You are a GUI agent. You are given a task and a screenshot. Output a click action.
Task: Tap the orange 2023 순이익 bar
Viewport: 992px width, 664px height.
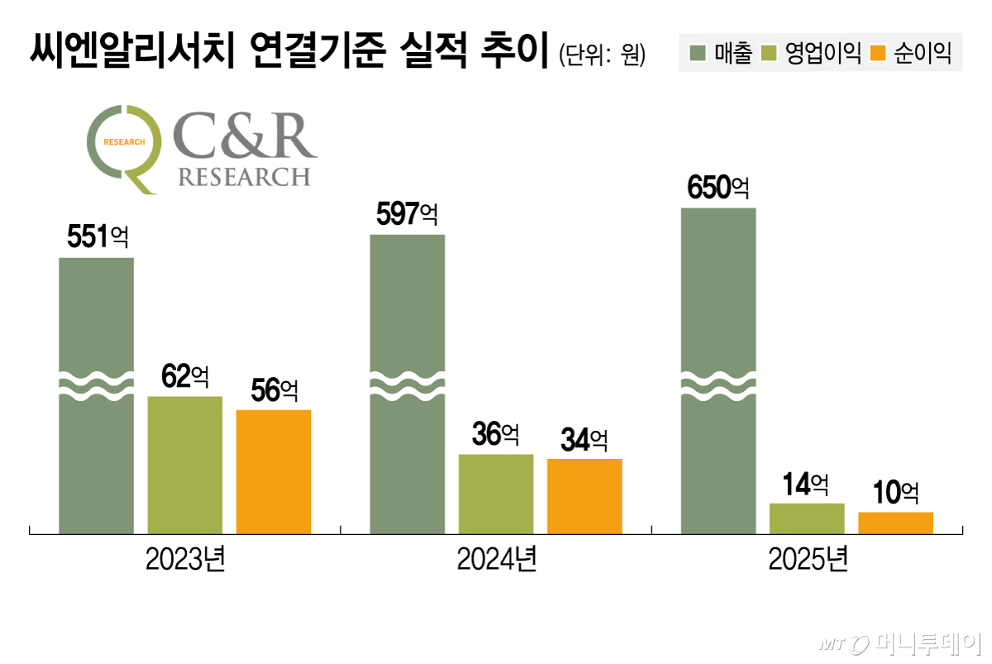[x=274, y=471]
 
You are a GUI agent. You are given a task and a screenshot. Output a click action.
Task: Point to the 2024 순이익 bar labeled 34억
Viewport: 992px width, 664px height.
[x=584, y=495]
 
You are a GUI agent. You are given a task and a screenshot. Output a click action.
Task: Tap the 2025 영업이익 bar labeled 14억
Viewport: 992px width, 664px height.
[x=807, y=518]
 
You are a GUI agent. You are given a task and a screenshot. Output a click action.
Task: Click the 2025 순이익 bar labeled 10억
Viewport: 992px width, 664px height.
[x=895, y=523]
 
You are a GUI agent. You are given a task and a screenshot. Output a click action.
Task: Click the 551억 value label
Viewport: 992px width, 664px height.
[x=97, y=238]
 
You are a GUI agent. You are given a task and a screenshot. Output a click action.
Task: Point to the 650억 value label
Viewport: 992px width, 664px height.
[x=718, y=188]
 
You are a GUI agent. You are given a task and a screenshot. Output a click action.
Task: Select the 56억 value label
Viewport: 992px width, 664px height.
[x=274, y=390]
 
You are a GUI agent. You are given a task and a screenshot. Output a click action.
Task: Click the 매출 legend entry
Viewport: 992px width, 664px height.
[x=721, y=55]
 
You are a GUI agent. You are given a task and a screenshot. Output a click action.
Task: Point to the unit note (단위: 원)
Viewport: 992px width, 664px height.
[x=602, y=55]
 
